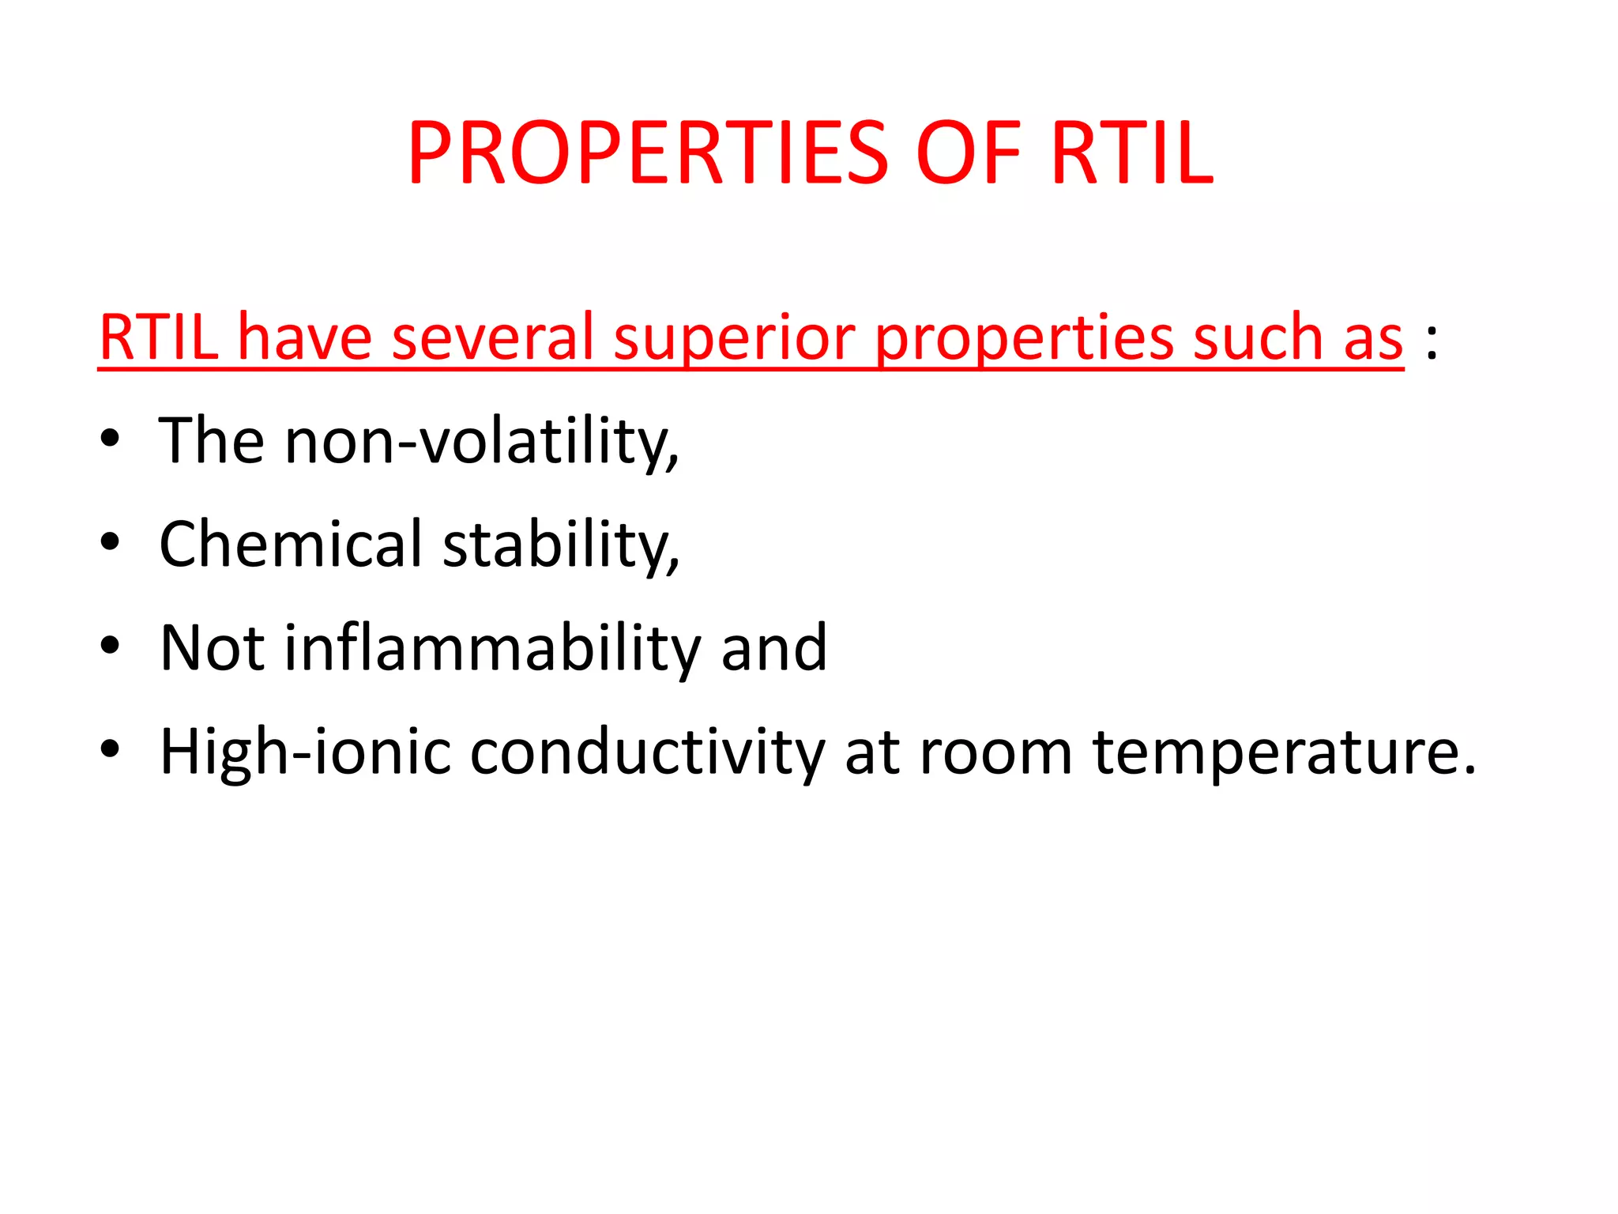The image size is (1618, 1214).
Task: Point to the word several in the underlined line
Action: (x=492, y=338)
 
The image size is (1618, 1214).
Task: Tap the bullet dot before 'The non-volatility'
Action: (x=110, y=439)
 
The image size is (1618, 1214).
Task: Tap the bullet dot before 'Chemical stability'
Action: (x=110, y=542)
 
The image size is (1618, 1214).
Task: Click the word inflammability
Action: (x=491, y=648)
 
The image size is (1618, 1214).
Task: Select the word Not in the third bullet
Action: (x=212, y=648)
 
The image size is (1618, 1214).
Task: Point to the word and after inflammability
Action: (x=773, y=648)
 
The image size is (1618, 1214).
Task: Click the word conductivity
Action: (x=648, y=752)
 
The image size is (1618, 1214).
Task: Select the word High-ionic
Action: (x=305, y=752)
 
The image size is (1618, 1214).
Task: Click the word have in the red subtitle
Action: (x=305, y=338)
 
